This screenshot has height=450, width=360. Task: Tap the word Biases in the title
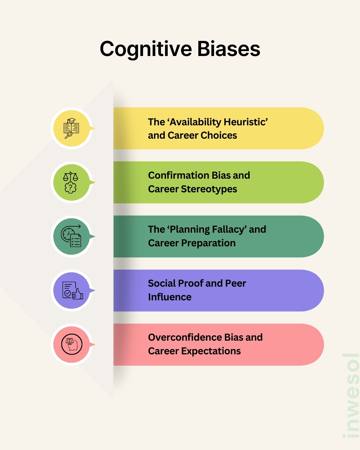click(228, 49)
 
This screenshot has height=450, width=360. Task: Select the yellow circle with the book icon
click(71, 128)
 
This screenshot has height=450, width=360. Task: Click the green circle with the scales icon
click(71, 182)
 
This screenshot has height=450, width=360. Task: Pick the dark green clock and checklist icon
click(71, 236)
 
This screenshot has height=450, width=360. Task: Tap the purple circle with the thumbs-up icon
click(71, 290)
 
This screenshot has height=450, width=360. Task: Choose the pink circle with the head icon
click(71, 344)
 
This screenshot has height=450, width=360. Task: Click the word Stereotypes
click(209, 189)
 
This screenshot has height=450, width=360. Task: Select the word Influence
click(170, 297)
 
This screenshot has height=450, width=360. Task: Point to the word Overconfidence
click(185, 337)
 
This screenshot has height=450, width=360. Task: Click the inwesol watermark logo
click(351, 395)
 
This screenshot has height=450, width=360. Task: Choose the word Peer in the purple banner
click(235, 283)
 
